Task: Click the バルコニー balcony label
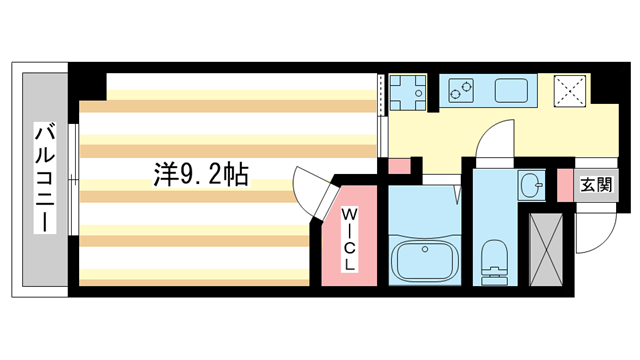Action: pos(44,177)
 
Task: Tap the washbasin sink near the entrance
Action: pos(531,185)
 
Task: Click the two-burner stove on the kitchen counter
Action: pos(461,92)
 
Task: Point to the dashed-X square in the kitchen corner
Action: pos(571,90)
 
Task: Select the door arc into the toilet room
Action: pos(492,142)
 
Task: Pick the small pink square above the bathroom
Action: pos(398,166)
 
